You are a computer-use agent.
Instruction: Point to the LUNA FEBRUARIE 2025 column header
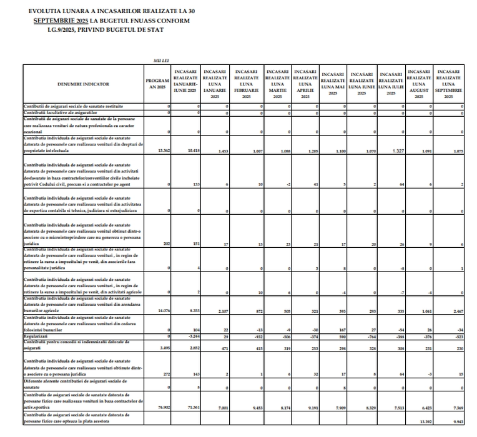pos(246,84)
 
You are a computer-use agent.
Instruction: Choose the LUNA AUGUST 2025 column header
pos(420,84)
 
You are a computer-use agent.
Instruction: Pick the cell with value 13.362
pos(164,150)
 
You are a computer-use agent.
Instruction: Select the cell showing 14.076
pos(164,310)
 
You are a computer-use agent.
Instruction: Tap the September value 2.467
pos(456,310)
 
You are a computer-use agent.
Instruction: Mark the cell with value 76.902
pos(164,406)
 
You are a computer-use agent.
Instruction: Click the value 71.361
pos(193,406)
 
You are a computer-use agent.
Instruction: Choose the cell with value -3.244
pos(194,336)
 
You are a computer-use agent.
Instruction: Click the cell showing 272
pos(166,374)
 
